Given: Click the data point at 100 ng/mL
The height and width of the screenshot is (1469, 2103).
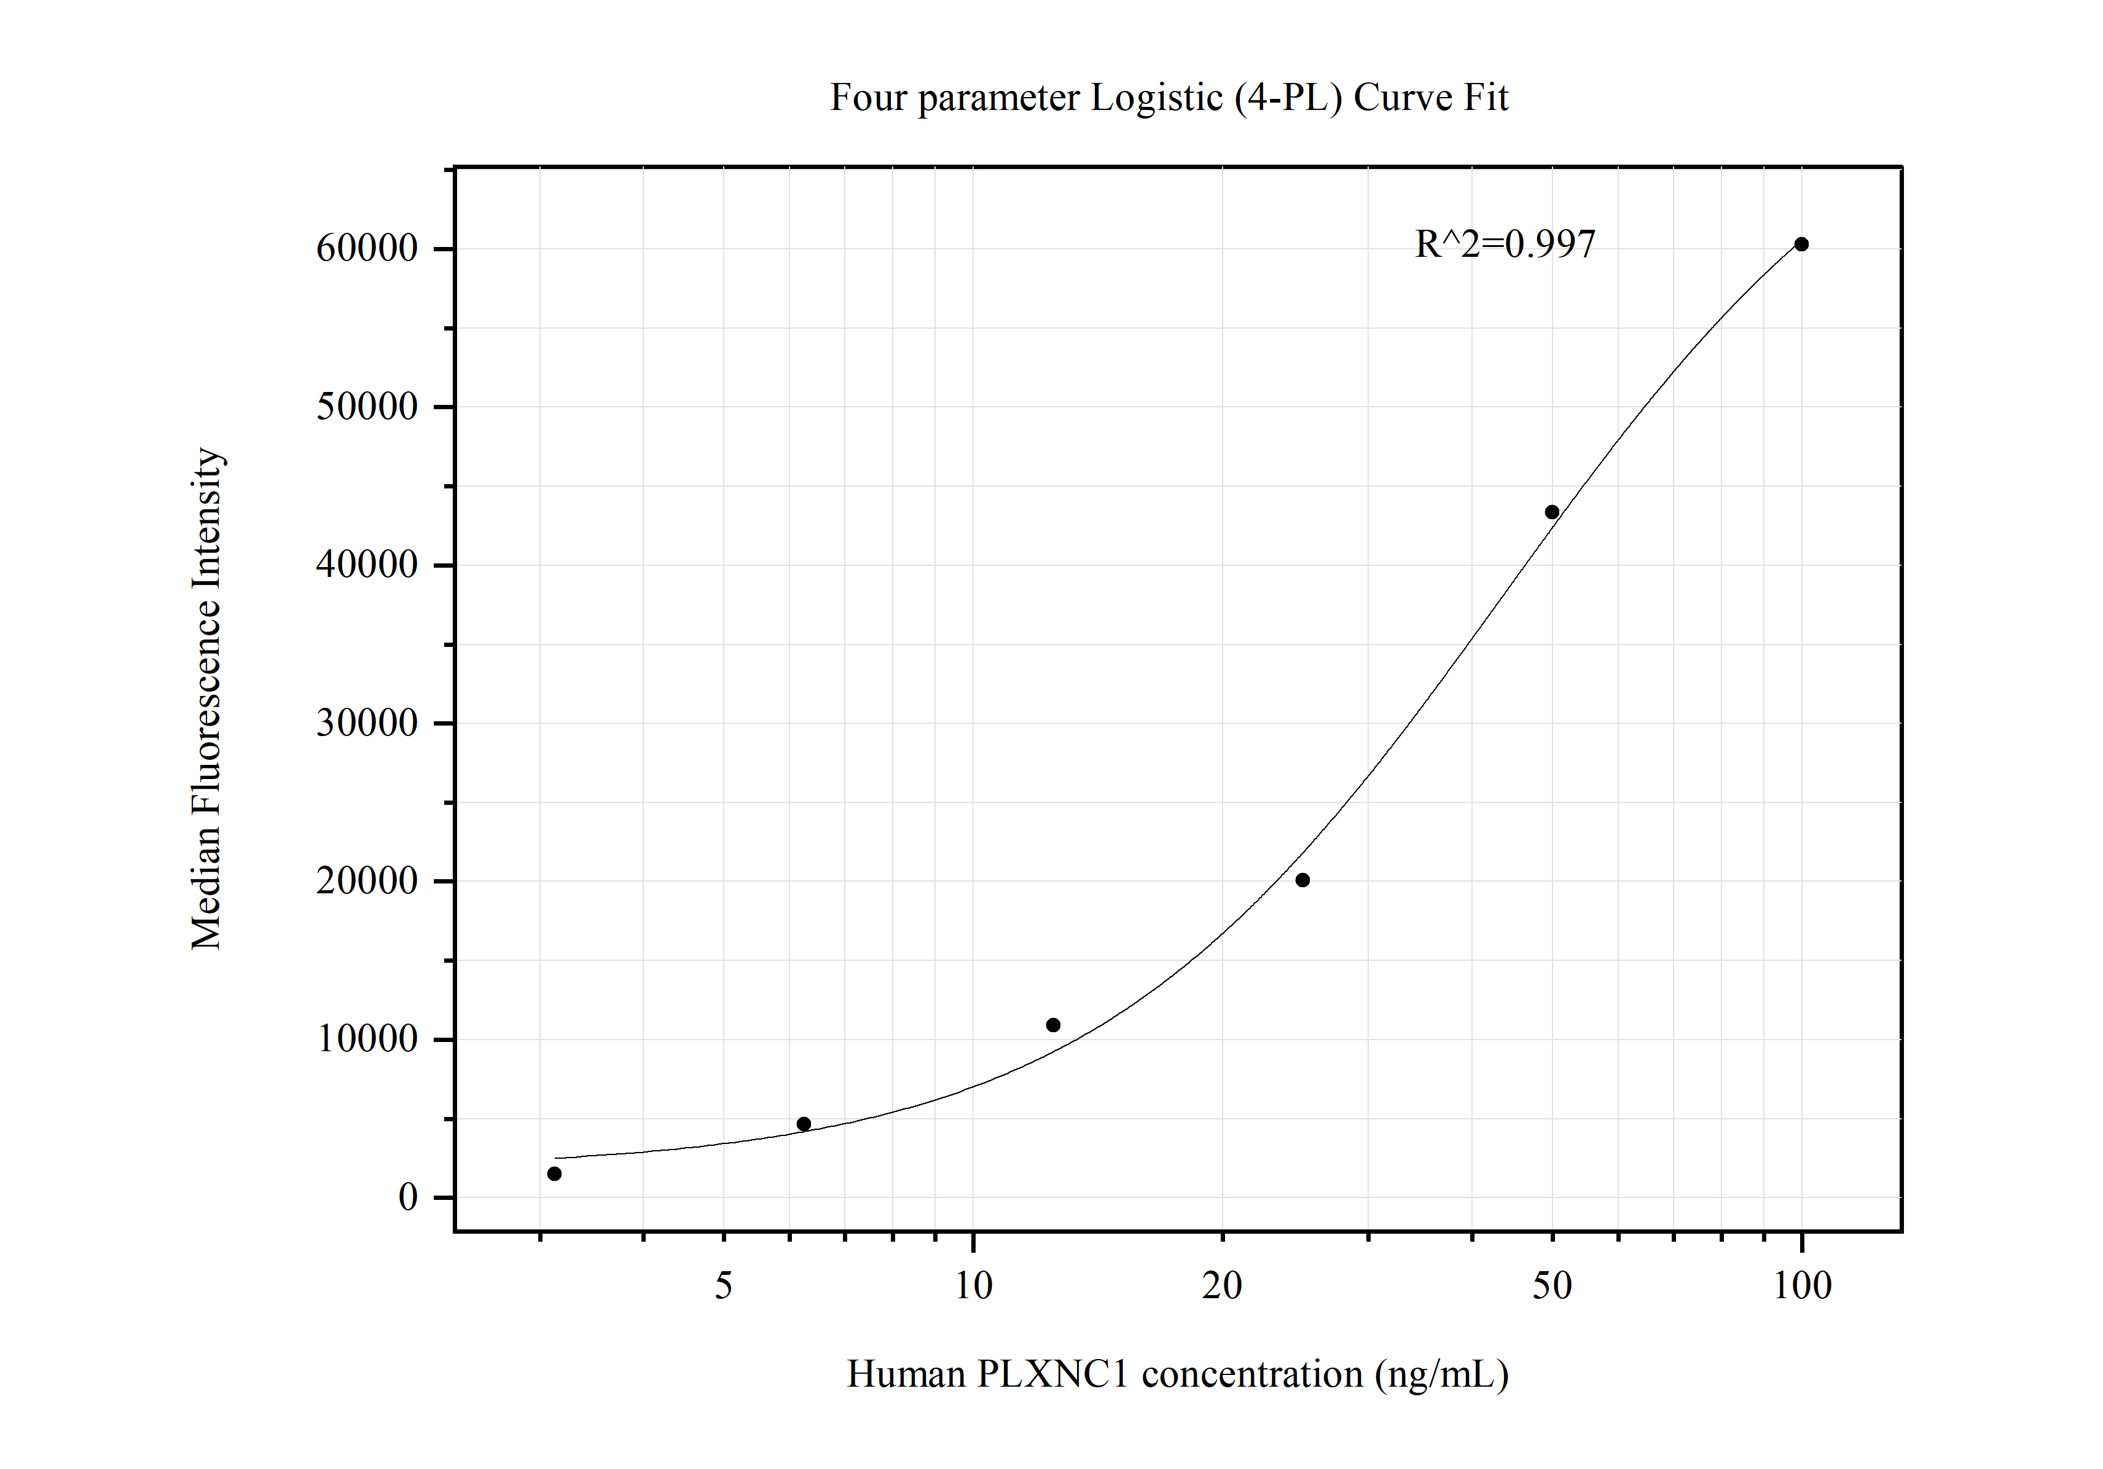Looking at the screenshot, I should click(1801, 245).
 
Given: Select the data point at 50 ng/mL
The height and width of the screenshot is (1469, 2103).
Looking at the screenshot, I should click(1552, 512).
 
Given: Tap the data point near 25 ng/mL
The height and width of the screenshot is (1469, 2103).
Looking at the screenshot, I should click(1302, 880).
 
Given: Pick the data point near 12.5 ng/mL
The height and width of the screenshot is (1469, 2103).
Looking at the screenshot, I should click(1053, 1025).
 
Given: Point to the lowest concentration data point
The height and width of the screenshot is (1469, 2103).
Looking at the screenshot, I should click(554, 1174).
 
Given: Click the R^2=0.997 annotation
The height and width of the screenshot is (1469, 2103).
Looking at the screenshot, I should click(1505, 245).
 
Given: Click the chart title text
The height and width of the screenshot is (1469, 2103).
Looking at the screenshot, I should click(1169, 98).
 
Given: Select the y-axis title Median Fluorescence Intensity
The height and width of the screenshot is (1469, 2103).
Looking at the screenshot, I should click(207, 699).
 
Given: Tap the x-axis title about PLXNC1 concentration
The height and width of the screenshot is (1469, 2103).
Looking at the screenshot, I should click(1177, 1374).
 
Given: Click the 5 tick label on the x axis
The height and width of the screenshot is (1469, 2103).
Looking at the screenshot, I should click(724, 1287).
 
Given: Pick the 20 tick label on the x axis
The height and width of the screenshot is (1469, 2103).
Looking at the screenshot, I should click(1222, 1287).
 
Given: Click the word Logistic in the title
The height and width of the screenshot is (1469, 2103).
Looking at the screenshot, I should click(1156, 98).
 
